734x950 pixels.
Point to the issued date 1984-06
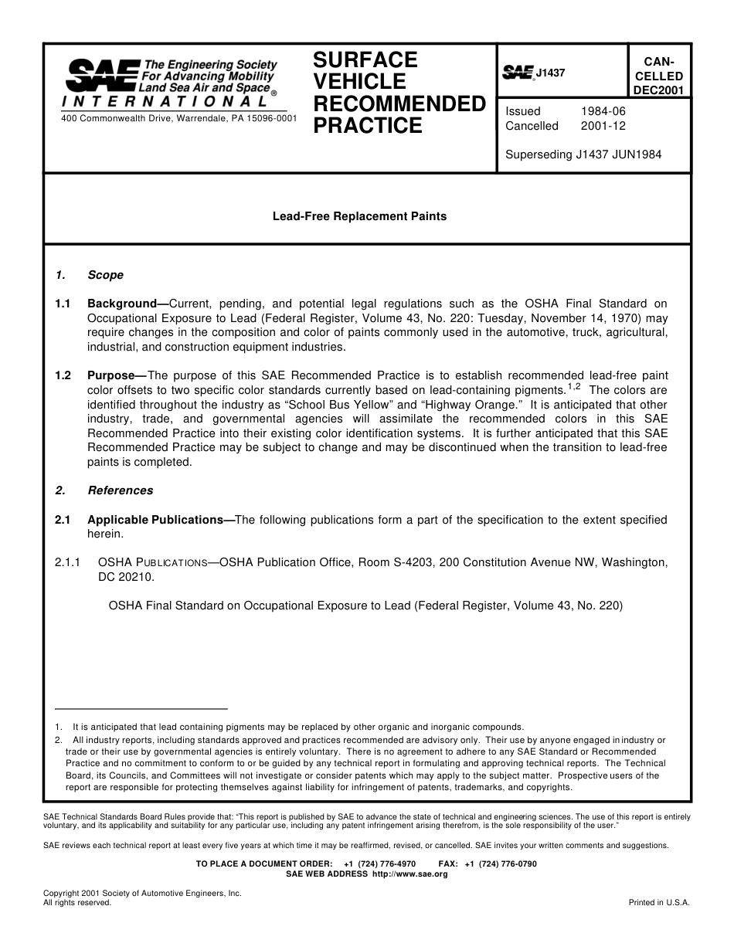603,111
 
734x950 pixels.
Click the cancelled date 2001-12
603,126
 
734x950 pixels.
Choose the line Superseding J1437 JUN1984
583,154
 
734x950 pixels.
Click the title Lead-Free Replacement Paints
359,216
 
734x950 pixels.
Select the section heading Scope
105,275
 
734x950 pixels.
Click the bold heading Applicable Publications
155,520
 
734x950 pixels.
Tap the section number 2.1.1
68,563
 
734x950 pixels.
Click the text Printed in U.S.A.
659,902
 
